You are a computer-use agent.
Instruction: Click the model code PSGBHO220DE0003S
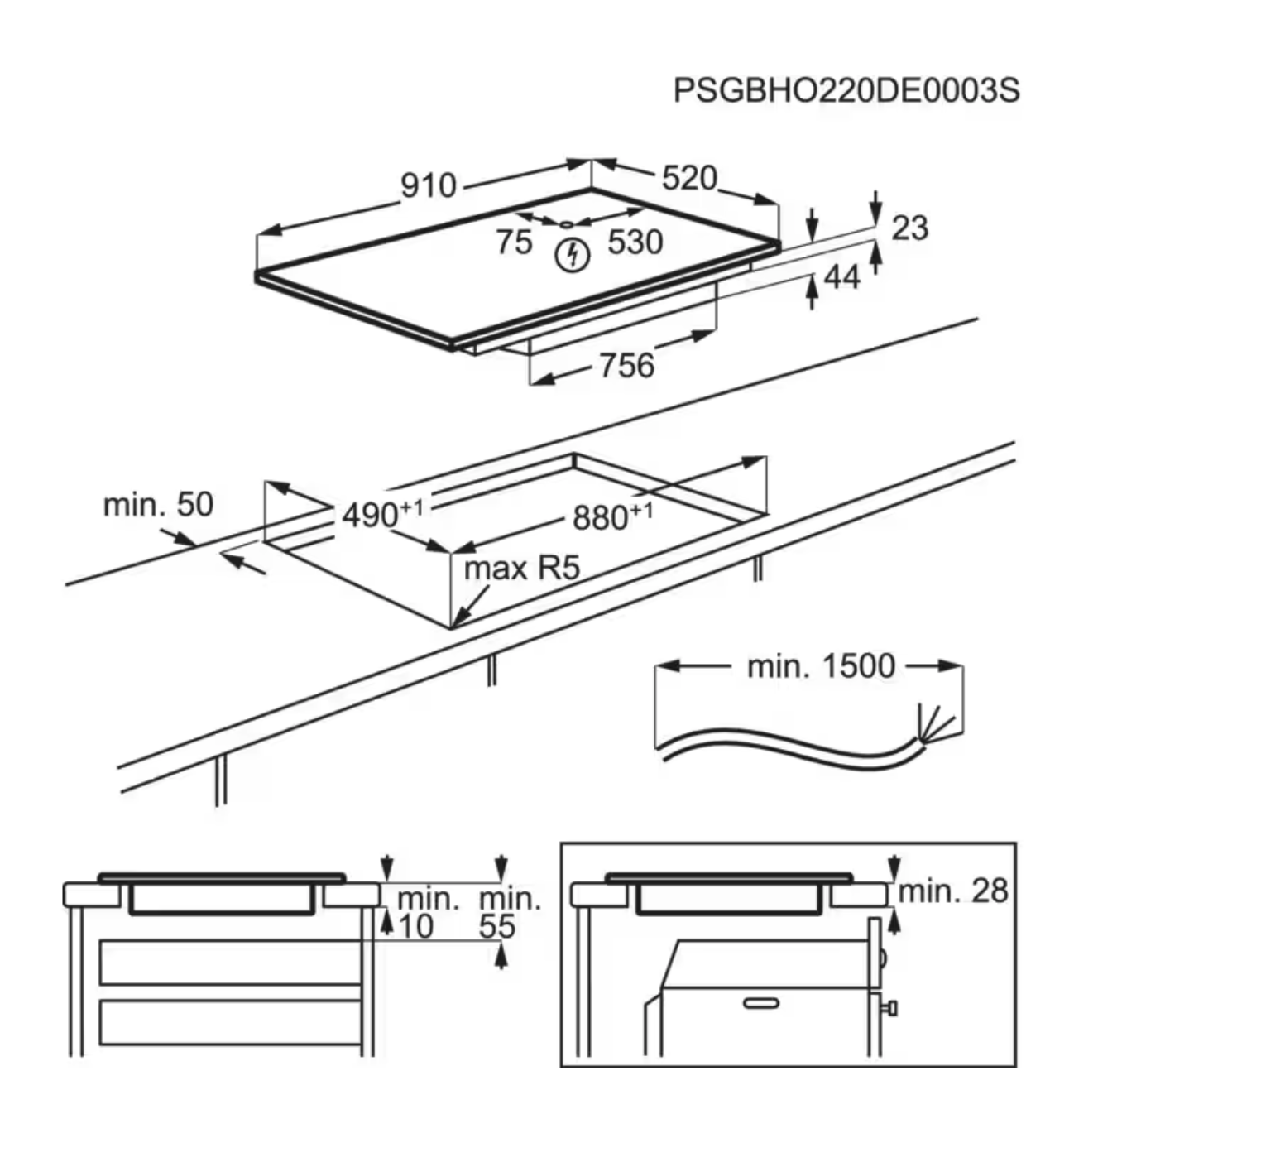[x=846, y=90]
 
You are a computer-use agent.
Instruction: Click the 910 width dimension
[x=428, y=185]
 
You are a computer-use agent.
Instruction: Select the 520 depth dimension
[x=688, y=178]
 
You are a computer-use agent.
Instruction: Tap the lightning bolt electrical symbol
[x=572, y=255]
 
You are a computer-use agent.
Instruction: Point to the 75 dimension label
[x=514, y=242]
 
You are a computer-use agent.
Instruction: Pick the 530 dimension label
[x=635, y=242]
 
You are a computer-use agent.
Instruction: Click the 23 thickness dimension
[x=909, y=228]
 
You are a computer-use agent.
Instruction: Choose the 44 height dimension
[x=842, y=277]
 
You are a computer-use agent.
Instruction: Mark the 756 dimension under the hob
[x=626, y=365]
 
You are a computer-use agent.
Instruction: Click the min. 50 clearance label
[x=158, y=504]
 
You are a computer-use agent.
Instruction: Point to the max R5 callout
[x=521, y=569]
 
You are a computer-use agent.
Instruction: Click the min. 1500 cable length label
[x=820, y=665]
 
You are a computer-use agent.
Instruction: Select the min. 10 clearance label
[x=426, y=913]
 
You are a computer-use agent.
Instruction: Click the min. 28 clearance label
[x=952, y=891]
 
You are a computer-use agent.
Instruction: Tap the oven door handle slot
[x=760, y=1004]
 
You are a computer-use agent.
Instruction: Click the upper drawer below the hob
[x=230, y=962]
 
